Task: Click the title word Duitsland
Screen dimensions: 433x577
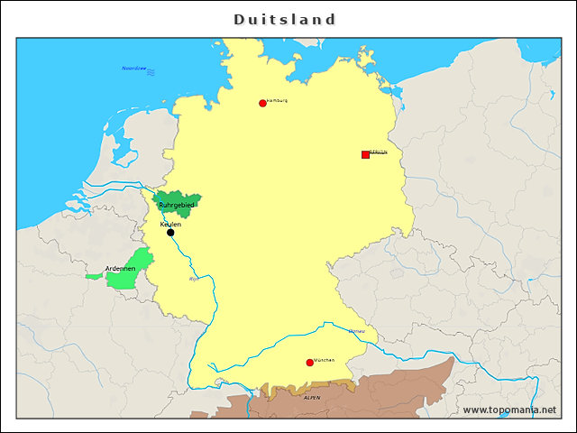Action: [x=285, y=19]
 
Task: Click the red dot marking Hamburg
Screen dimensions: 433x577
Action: [x=262, y=103]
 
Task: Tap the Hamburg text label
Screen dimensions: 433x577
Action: [x=278, y=100]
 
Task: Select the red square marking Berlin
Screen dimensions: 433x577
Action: [x=365, y=154]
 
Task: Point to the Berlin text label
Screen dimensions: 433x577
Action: [x=379, y=152]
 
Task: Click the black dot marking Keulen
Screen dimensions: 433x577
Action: [x=170, y=233]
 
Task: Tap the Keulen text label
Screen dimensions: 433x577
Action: [x=170, y=224]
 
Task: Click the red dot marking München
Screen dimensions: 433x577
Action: [x=310, y=363]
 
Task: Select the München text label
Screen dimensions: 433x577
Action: [x=325, y=360]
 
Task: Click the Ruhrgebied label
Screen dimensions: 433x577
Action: [x=177, y=206]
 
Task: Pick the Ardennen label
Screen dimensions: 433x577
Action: [x=120, y=269]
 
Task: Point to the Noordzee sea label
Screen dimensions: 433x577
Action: [x=133, y=69]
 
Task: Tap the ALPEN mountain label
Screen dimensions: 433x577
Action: [x=312, y=397]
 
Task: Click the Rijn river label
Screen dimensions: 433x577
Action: [x=194, y=279]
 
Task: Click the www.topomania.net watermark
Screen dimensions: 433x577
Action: [x=509, y=410]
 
